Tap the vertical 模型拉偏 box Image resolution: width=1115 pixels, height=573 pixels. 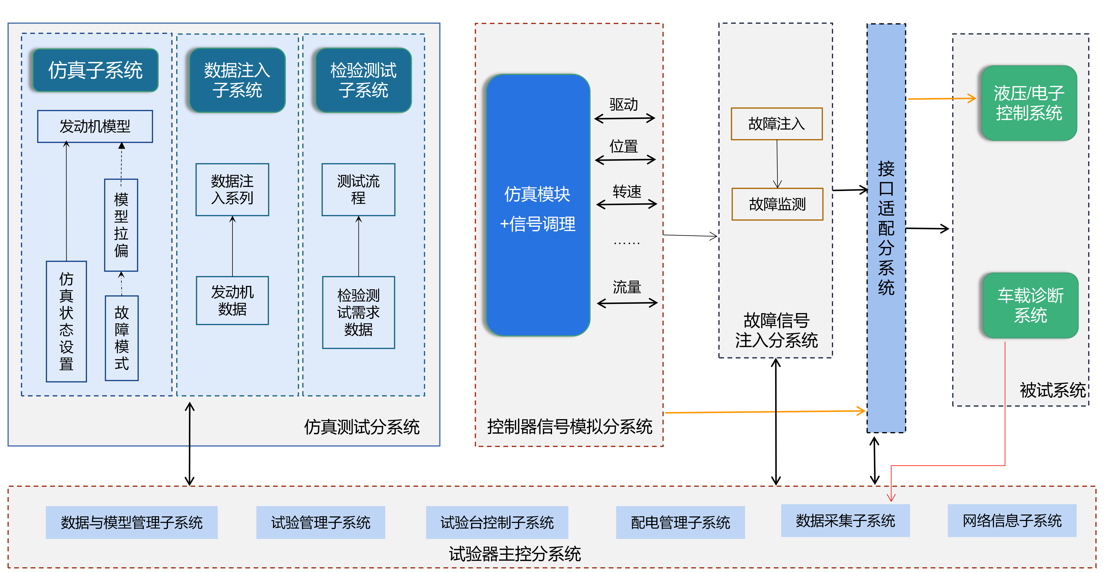121,225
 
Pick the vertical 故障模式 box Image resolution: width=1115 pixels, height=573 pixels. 122,338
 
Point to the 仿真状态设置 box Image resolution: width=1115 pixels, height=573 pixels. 66,321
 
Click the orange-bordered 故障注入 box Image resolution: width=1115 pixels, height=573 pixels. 776,124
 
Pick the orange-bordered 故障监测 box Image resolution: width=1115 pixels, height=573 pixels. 777,204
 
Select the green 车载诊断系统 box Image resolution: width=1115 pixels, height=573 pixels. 1030,305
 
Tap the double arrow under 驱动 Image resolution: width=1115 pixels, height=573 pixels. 625,118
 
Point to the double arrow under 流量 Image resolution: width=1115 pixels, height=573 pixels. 627,303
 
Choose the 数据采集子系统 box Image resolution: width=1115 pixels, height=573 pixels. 845,521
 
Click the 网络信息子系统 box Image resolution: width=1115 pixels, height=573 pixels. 1011,521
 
